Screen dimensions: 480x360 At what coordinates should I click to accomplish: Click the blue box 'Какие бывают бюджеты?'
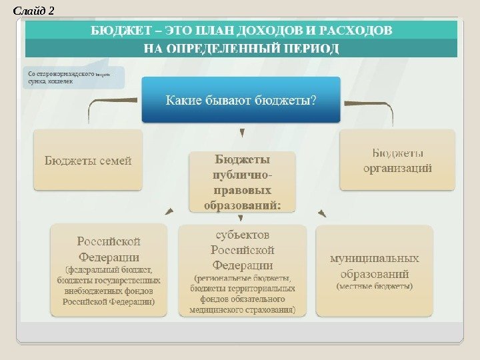coord(241,100)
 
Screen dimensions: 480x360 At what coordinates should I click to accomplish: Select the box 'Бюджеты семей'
coord(88,160)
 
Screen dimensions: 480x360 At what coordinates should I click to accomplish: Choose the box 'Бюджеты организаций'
coord(397,160)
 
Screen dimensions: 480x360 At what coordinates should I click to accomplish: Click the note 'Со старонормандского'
coord(60,74)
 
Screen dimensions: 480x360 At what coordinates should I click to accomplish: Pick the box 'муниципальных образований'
coord(375,270)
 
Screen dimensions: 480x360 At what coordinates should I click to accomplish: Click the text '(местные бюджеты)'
coord(375,286)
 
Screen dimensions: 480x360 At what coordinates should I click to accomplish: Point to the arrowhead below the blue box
coord(241,133)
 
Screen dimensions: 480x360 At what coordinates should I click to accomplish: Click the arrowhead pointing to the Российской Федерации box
coord(169,212)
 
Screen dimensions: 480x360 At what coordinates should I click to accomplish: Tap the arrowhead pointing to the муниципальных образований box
coord(323,214)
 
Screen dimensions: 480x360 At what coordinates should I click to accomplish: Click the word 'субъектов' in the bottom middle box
coord(242,235)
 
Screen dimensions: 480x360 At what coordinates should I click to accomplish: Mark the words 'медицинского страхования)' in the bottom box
coord(242,309)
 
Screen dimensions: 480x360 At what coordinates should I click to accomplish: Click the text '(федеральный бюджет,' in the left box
coord(109,270)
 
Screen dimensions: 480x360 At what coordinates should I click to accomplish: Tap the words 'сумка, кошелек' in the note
coord(46,83)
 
